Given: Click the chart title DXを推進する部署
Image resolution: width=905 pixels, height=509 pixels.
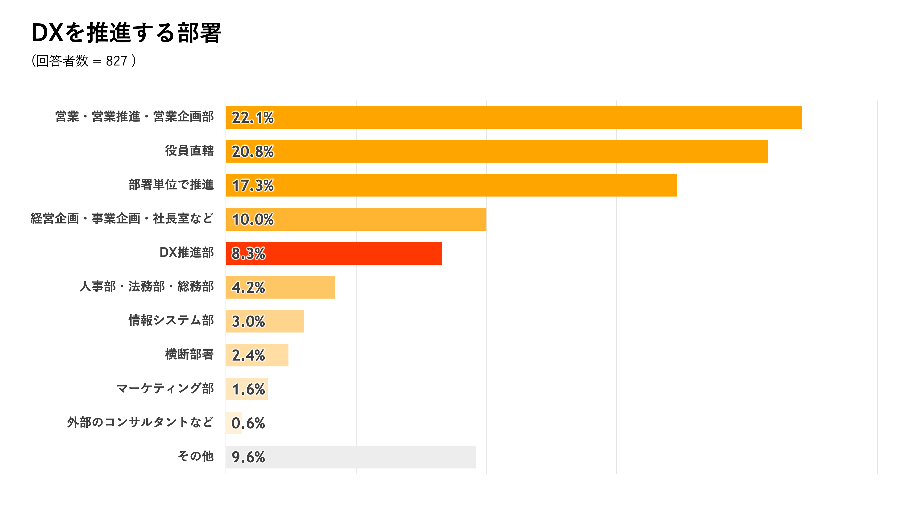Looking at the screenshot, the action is pos(127,33).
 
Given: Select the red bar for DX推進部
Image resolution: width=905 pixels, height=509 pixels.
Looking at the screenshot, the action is pos(334,253).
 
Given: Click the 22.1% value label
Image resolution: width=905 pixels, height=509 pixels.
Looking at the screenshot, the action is pos(253,117).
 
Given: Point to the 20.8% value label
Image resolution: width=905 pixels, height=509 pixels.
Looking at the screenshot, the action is pos(253,151).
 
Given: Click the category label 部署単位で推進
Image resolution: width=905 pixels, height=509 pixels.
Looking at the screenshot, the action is pos(171,185).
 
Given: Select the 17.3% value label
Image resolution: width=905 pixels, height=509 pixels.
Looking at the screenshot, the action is pos(253,185).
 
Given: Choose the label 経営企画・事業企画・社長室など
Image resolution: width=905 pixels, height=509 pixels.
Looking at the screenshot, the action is pos(122,218).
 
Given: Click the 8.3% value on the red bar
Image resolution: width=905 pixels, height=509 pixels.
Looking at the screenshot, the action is pos(248,253).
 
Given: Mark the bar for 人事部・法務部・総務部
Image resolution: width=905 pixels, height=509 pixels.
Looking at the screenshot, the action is pos(281,287).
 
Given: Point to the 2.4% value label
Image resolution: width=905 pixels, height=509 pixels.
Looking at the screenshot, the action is pos(248,355).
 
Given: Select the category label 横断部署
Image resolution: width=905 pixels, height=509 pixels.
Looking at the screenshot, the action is pos(189,354).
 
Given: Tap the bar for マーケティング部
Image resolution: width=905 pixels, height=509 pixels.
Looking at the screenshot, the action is pos(247,389).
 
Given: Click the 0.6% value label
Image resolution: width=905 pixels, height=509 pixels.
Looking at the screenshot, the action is pos(248,423).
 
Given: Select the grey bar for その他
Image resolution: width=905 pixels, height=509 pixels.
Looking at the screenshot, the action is pos(351,457).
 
